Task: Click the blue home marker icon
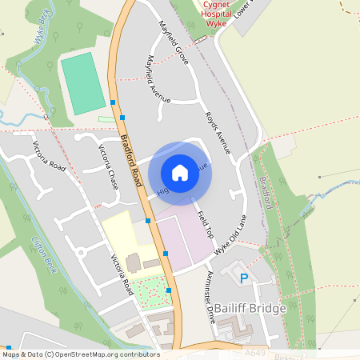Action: (x=180, y=173)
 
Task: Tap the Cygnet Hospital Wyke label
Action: (x=206, y=15)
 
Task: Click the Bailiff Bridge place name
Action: (x=246, y=308)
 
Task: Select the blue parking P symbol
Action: (x=245, y=278)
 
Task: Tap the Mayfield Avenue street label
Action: (x=157, y=78)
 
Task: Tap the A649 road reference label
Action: (x=254, y=352)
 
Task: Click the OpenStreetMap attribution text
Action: (x=80, y=354)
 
